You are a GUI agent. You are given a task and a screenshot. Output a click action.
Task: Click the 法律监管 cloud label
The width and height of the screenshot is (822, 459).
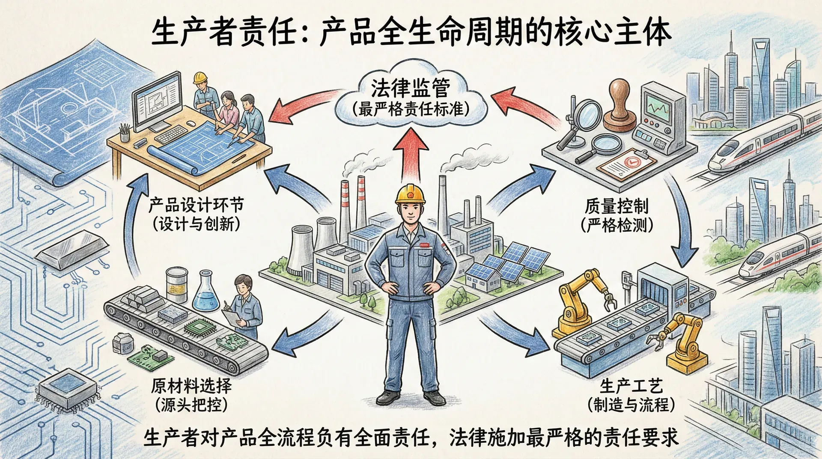click(410, 88)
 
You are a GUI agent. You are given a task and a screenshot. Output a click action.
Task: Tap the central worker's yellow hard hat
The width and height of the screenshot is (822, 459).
click(410, 194)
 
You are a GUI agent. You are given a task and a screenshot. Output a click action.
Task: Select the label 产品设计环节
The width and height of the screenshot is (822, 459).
click(196, 205)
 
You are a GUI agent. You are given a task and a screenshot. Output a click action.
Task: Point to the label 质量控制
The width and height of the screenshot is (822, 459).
click(616, 206)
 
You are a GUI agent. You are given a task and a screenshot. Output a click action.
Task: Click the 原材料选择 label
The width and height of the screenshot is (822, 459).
click(191, 386)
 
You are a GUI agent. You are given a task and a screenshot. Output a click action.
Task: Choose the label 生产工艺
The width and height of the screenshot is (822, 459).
click(631, 386)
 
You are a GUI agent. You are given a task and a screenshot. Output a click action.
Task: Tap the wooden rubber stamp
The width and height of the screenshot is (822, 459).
click(619, 106)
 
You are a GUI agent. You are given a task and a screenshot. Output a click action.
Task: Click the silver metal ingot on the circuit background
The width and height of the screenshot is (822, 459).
click(72, 249)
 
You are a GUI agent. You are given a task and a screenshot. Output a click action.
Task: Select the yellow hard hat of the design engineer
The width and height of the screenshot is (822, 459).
click(200, 77)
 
